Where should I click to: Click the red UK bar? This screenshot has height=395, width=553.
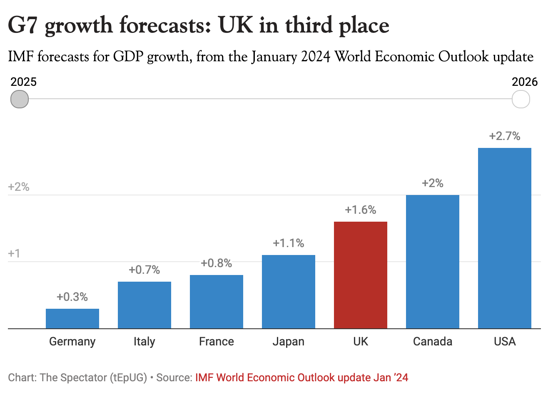(360, 275)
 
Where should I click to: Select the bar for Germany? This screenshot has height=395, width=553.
(72, 318)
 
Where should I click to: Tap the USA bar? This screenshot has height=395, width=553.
(504, 238)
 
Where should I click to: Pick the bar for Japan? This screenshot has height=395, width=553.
(288, 292)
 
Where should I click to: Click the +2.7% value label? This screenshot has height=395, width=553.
(504, 136)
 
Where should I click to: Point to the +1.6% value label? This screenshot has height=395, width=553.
(360, 210)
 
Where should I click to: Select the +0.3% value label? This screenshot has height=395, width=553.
(72, 297)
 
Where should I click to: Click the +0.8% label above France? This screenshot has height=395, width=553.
(216, 263)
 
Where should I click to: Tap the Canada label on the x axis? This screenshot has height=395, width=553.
(432, 342)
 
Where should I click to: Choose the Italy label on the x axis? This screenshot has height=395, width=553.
(144, 342)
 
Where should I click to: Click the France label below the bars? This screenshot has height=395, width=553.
(216, 342)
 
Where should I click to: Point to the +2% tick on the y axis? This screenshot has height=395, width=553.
(19, 187)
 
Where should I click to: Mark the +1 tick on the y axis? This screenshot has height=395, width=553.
(14, 254)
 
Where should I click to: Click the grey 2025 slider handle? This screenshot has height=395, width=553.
(20, 99)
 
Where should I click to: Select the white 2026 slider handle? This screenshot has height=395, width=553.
(521, 99)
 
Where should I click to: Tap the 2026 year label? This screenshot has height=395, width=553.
(525, 82)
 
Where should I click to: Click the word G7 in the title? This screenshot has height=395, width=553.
(23, 26)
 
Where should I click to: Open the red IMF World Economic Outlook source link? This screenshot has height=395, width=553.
(301, 378)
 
